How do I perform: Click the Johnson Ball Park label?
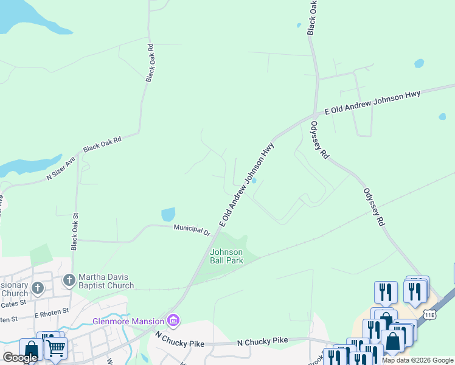click(x=226, y=256)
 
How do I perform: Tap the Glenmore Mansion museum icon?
click(x=173, y=321)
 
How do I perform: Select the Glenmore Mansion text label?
click(x=129, y=321)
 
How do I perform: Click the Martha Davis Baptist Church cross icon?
click(x=69, y=280)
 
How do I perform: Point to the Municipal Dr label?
click(x=192, y=230)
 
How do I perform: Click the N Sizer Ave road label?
click(x=61, y=169)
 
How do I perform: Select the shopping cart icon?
click(x=55, y=349)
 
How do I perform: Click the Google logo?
click(x=20, y=358)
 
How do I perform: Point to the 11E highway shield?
click(x=430, y=314)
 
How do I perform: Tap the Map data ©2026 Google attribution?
click(x=417, y=360)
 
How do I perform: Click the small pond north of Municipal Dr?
click(x=168, y=215)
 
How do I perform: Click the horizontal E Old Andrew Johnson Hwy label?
click(x=372, y=103)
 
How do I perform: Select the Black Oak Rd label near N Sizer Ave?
click(x=102, y=144)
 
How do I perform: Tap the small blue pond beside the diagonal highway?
click(x=254, y=180)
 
